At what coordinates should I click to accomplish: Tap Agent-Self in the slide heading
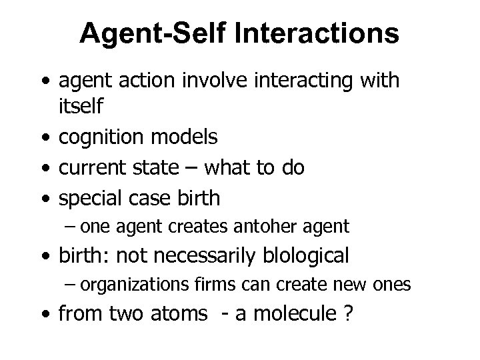pos(145,33)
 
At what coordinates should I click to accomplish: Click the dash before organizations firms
pos(71,285)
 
